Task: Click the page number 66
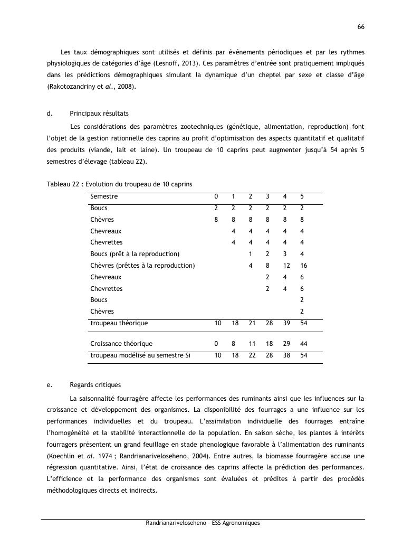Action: click(361, 27)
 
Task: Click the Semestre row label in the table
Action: click(104, 196)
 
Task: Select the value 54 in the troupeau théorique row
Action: click(303, 323)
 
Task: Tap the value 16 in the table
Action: click(303, 266)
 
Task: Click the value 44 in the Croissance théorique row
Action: click(303, 344)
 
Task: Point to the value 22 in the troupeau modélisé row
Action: click(252, 355)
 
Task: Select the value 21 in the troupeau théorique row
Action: click(252, 323)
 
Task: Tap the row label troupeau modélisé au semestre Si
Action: click(140, 355)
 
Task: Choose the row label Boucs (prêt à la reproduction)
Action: click(135, 254)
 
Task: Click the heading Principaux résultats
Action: click(99, 114)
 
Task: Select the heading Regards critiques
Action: click(95, 385)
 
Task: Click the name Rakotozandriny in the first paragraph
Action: click(69, 87)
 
